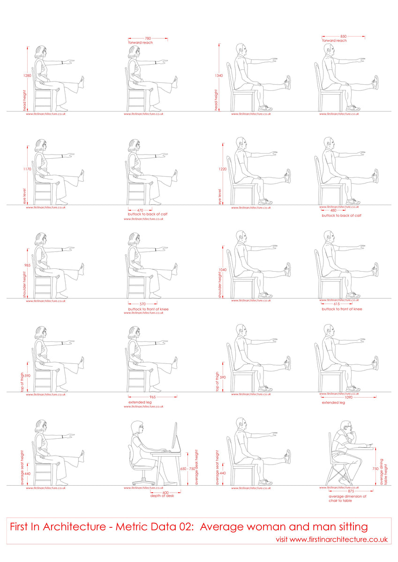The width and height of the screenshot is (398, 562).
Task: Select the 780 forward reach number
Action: pyautogui.click(x=148, y=38)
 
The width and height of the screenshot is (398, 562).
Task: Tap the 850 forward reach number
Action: pyautogui.click(x=344, y=37)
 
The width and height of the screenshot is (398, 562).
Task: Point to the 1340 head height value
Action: pyautogui.click(x=219, y=75)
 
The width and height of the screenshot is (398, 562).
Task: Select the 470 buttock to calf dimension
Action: pyautogui.click(x=140, y=210)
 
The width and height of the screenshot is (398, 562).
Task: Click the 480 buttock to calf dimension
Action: pyautogui.click(x=333, y=211)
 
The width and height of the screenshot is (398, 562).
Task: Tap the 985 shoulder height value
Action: pyautogui.click(x=28, y=265)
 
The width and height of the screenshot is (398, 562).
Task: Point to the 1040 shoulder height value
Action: pyautogui.click(x=222, y=270)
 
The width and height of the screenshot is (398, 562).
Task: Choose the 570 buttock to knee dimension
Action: pyautogui.click(x=143, y=304)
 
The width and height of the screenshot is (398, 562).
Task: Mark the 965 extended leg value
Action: pyautogui.click(x=152, y=397)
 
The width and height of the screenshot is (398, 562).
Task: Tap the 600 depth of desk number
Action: pyautogui.click(x=165, y=492)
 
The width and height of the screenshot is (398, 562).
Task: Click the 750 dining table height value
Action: pyautogui.click(x=375, y=468)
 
